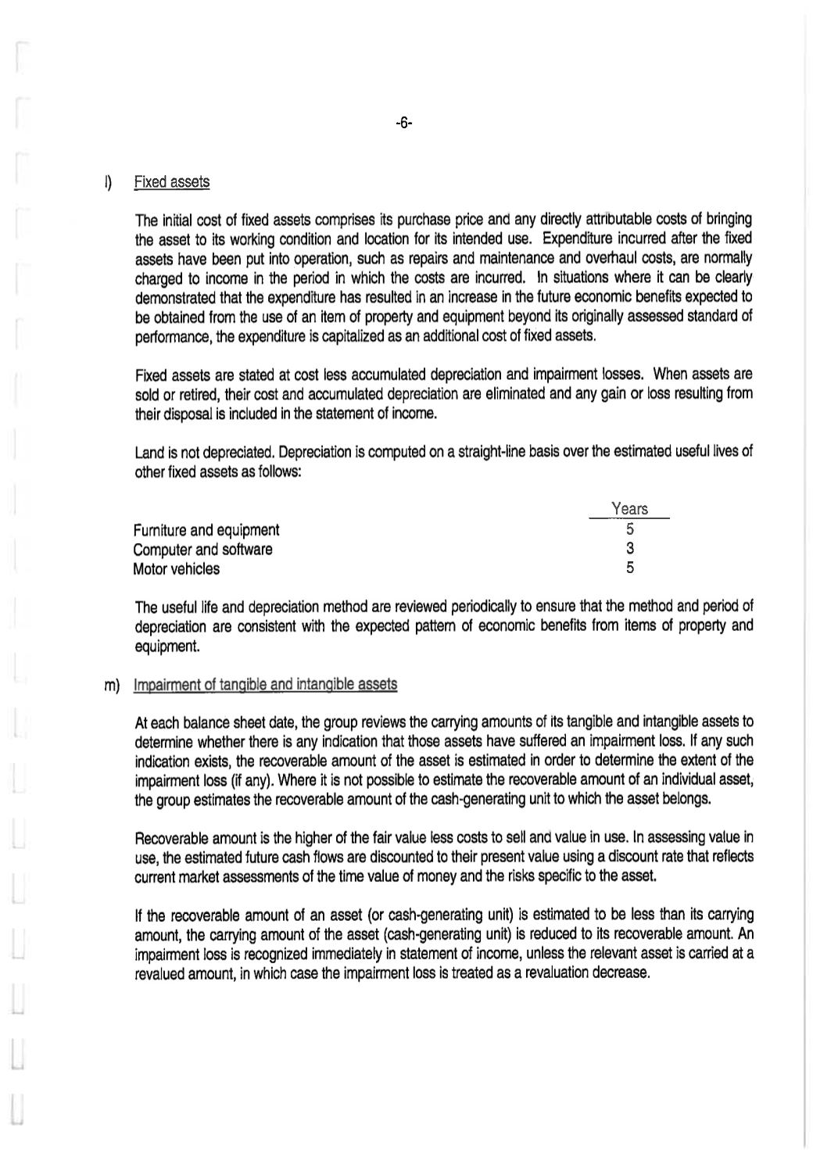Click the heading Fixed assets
pyautogui.click(x=171, y=182)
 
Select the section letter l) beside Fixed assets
pyautogui.click(x=109, y=182)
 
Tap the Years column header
pyautogui.click(x=629, y=509)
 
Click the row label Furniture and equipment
pyautogui.click(x=206, y=530)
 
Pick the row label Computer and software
pyautogui.click(x=202, y=550)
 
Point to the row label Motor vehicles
pyautogui.click(x=176, y=569)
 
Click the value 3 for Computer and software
pyautogui.click(x=629, y=549)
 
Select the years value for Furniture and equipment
pyautogui.click(x=629, y=529)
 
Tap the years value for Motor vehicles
pyautogui.click(x=629, y=568)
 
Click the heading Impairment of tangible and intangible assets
pyautogui.click(x=265, y=685)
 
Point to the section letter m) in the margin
pyautogui.click(x=112, y=686)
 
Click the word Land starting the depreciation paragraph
pyautogui.click(x=149, y=453)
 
